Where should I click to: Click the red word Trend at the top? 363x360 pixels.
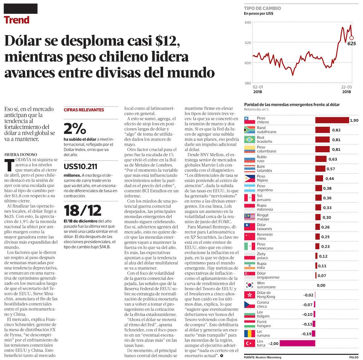(17, 20)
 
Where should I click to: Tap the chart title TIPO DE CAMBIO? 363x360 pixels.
(262, 8)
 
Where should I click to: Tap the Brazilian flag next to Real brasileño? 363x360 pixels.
(249, 139)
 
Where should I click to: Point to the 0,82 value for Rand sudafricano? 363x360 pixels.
(336, 130)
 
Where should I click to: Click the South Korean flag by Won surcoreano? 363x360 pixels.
(249, 285)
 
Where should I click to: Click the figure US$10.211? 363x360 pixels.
(80, 167)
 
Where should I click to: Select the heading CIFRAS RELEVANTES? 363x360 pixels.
(84, 110)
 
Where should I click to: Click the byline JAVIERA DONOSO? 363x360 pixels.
(21, 154)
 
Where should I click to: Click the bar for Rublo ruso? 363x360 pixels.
(321, 159)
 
